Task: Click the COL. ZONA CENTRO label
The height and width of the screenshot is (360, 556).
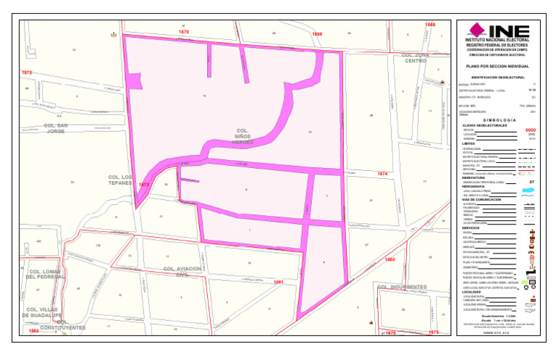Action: (416, 58)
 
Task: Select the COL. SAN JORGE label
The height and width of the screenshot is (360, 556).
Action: (56, 128)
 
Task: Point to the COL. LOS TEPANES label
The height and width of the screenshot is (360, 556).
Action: (121, 180)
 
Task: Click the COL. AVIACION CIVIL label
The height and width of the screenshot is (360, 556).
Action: (181, 272)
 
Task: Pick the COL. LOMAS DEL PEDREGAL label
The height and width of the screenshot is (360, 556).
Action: (46, 273)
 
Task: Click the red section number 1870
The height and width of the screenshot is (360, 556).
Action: (184, 33)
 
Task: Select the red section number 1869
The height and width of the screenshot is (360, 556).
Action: (317, 34)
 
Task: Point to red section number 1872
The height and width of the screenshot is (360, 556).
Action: (27, 73)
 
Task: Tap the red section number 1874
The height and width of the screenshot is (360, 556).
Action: (383, 175)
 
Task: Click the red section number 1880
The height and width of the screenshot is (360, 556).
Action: (390, 259)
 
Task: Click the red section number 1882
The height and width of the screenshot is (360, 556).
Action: (34, 330)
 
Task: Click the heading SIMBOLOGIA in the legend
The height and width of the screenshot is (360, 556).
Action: (498, 120)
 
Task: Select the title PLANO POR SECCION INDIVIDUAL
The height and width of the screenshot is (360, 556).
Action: (497, 66)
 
